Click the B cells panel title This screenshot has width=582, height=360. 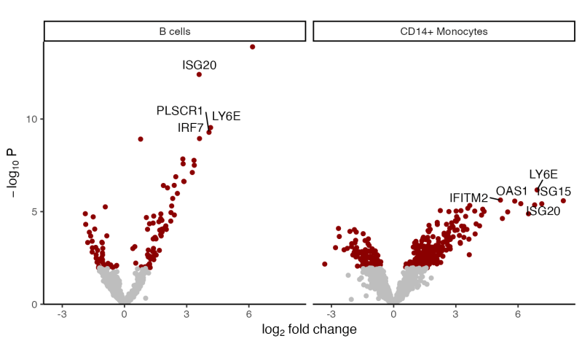point(175,32)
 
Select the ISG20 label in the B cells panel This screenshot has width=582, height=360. point(199,65)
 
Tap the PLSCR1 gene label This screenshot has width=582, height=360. point(179,111)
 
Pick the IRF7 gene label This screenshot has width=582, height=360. point(190,128)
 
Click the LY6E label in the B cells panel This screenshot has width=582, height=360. point(226,116)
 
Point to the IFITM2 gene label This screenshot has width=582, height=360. point(468,197)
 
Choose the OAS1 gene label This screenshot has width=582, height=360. point(511,191)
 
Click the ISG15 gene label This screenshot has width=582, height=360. point(554,192)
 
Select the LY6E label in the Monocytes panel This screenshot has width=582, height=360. point(543,174)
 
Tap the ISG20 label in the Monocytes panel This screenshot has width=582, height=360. point(543,211)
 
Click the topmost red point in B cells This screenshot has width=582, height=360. point(253,47)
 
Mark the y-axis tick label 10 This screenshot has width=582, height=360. point(33,119)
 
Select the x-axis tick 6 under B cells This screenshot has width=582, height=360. point(248,314)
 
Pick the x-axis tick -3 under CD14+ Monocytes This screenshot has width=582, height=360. point(331,314)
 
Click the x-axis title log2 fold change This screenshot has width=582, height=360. point(309,330)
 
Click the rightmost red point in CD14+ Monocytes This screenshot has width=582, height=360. point(563,200)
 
